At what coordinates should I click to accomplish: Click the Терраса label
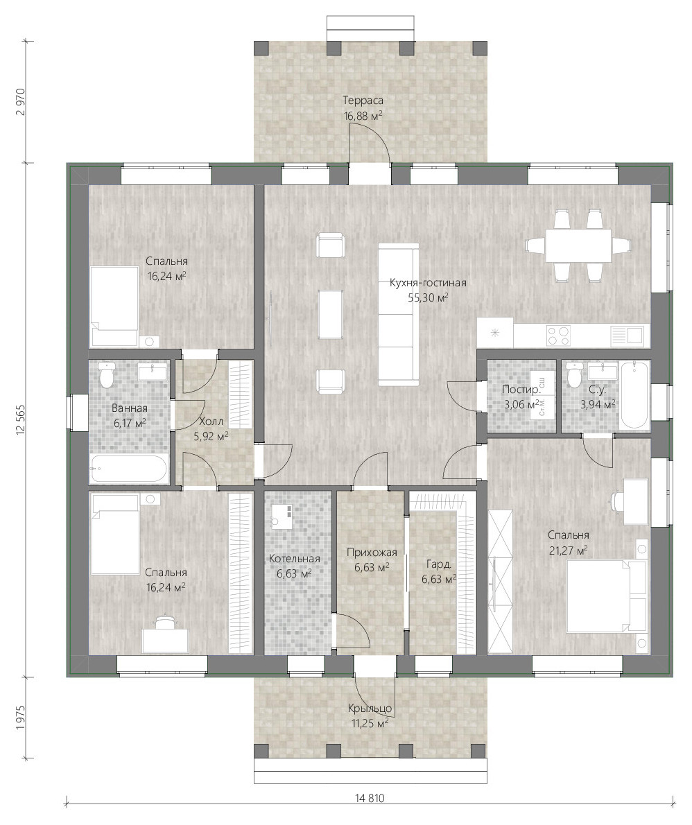[363, 101]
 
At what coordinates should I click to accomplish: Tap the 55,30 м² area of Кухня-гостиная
[428, 298]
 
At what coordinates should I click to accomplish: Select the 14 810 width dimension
[370, 798]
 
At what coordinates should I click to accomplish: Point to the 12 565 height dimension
[21, 420]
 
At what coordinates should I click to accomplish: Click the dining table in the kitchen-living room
[578, 245]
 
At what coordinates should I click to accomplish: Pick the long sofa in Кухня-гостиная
[399, 314]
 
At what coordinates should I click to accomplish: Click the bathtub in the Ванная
[129, 469]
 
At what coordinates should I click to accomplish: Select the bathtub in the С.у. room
[634, 394]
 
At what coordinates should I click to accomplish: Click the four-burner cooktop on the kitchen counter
[558, 336]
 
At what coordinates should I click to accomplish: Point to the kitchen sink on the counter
[628, 336]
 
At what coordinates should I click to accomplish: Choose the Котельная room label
[294, 559]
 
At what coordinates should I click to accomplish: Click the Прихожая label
[372, 553]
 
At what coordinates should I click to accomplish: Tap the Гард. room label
[439, 564]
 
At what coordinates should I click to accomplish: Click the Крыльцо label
[370, 709]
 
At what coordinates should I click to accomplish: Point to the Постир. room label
[521, 390]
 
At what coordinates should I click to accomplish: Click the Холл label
[211, 422]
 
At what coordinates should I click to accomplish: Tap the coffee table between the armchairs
[331, 315]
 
